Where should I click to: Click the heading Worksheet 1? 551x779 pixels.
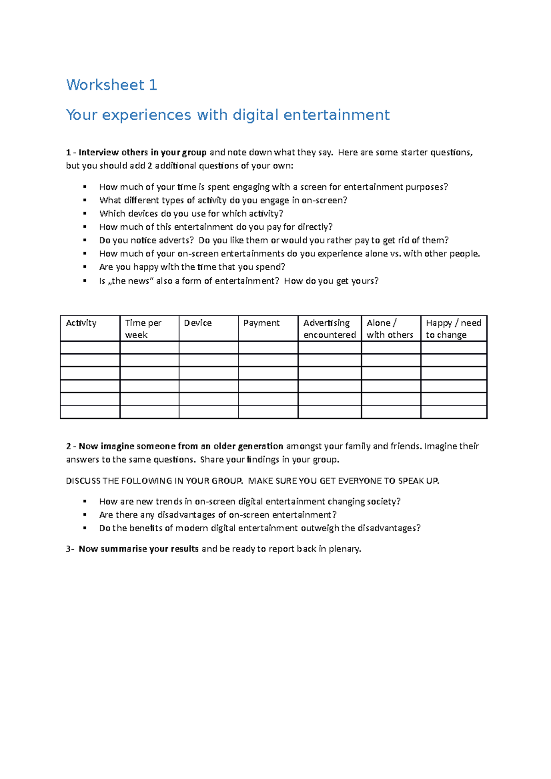[x=112, y=85]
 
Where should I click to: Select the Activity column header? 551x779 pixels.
[x=81, y=323]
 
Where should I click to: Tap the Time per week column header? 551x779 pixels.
[x=143, y=328]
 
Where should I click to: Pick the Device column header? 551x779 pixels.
[x=198, y=323]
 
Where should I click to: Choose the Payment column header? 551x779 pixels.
[x=261, y=323]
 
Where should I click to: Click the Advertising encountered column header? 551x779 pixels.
[x=329, y=328]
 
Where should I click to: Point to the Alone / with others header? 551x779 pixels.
[x=390, y=328]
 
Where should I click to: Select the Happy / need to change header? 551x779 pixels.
[x=453, y=328]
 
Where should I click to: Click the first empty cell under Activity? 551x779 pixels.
[x=90, y=348]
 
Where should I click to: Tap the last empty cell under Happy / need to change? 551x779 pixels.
[x=454, y=412]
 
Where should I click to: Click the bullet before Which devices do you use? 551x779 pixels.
[x=85, y=213]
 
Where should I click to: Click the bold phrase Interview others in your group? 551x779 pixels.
[x=142, y=152]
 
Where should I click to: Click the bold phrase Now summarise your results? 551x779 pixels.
[x=139, y=549]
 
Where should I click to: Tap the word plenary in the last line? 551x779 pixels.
[x=345, y=549]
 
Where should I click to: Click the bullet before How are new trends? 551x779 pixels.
[x=85, y=501]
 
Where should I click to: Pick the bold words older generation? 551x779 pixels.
[x=248, y=446]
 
